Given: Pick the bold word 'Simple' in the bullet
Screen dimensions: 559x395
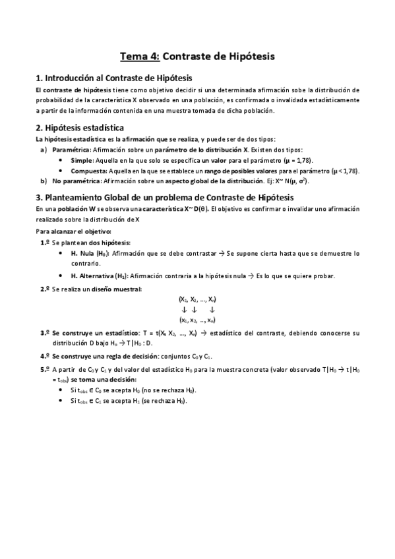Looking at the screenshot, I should [82, 160].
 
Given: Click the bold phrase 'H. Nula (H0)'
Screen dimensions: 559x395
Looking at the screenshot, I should [92, 253].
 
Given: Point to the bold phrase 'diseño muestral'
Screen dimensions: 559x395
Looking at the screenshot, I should [116, 289].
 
